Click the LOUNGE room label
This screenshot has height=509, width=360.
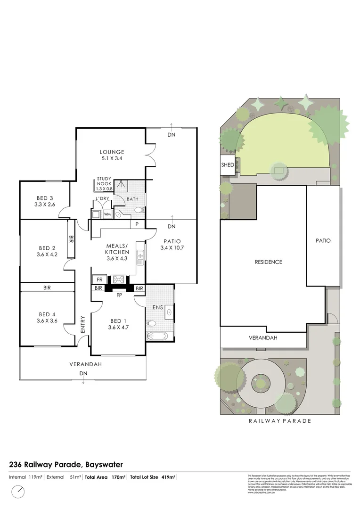pos(112,152)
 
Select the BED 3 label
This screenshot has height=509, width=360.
pos(45,198)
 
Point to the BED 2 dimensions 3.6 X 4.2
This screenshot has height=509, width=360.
pos(47,254)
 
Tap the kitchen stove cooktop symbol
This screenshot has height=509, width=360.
pos(117,279)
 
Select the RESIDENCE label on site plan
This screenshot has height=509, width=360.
pos(268,262)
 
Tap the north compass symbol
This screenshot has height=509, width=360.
pos(18,492)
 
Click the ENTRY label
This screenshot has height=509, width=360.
pos(83,324)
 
